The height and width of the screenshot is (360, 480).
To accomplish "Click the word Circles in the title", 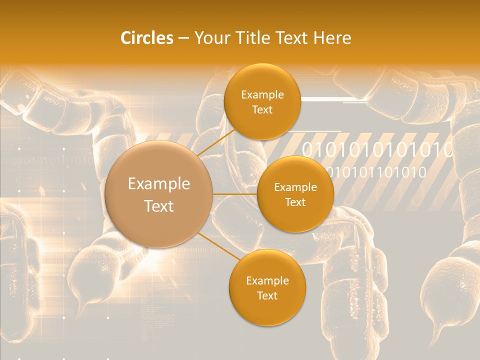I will pyautogui.click(x=147, y=37).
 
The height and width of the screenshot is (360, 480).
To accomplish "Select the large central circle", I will pyautogui.click(x=159, y=194).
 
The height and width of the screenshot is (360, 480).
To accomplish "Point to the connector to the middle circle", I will pyautogui.click(x=235, y=193).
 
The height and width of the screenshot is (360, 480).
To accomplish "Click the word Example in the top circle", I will pyautogui.click(x=262, y=95).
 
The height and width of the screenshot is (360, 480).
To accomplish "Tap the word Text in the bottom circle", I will pyautogui.click(x=267, y=295).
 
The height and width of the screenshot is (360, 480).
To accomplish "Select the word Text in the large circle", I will pyautogui.click(x=159, y=206).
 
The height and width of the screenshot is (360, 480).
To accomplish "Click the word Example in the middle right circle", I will pyautogui.click(x=295, y=187).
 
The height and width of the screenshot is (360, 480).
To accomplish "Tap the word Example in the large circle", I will pyautogui.click(x=159, y=184).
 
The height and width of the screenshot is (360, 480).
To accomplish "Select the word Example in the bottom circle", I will pyautogui.click(x=267, y=280).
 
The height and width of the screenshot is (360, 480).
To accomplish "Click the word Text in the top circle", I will pyautogui.click(x=262, y=110).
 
